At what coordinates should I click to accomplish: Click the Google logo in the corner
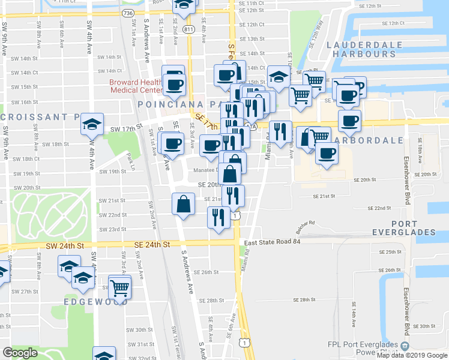[x=20, y=353]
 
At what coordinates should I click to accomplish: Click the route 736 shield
[x=128, y=12]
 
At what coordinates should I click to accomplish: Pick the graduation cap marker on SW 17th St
[x=92, y=124]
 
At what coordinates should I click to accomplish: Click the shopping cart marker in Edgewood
[x=120, y=287]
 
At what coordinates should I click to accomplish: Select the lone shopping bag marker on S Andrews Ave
[x=183, y=203]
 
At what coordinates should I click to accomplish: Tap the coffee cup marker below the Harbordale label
[x=327, y=153]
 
